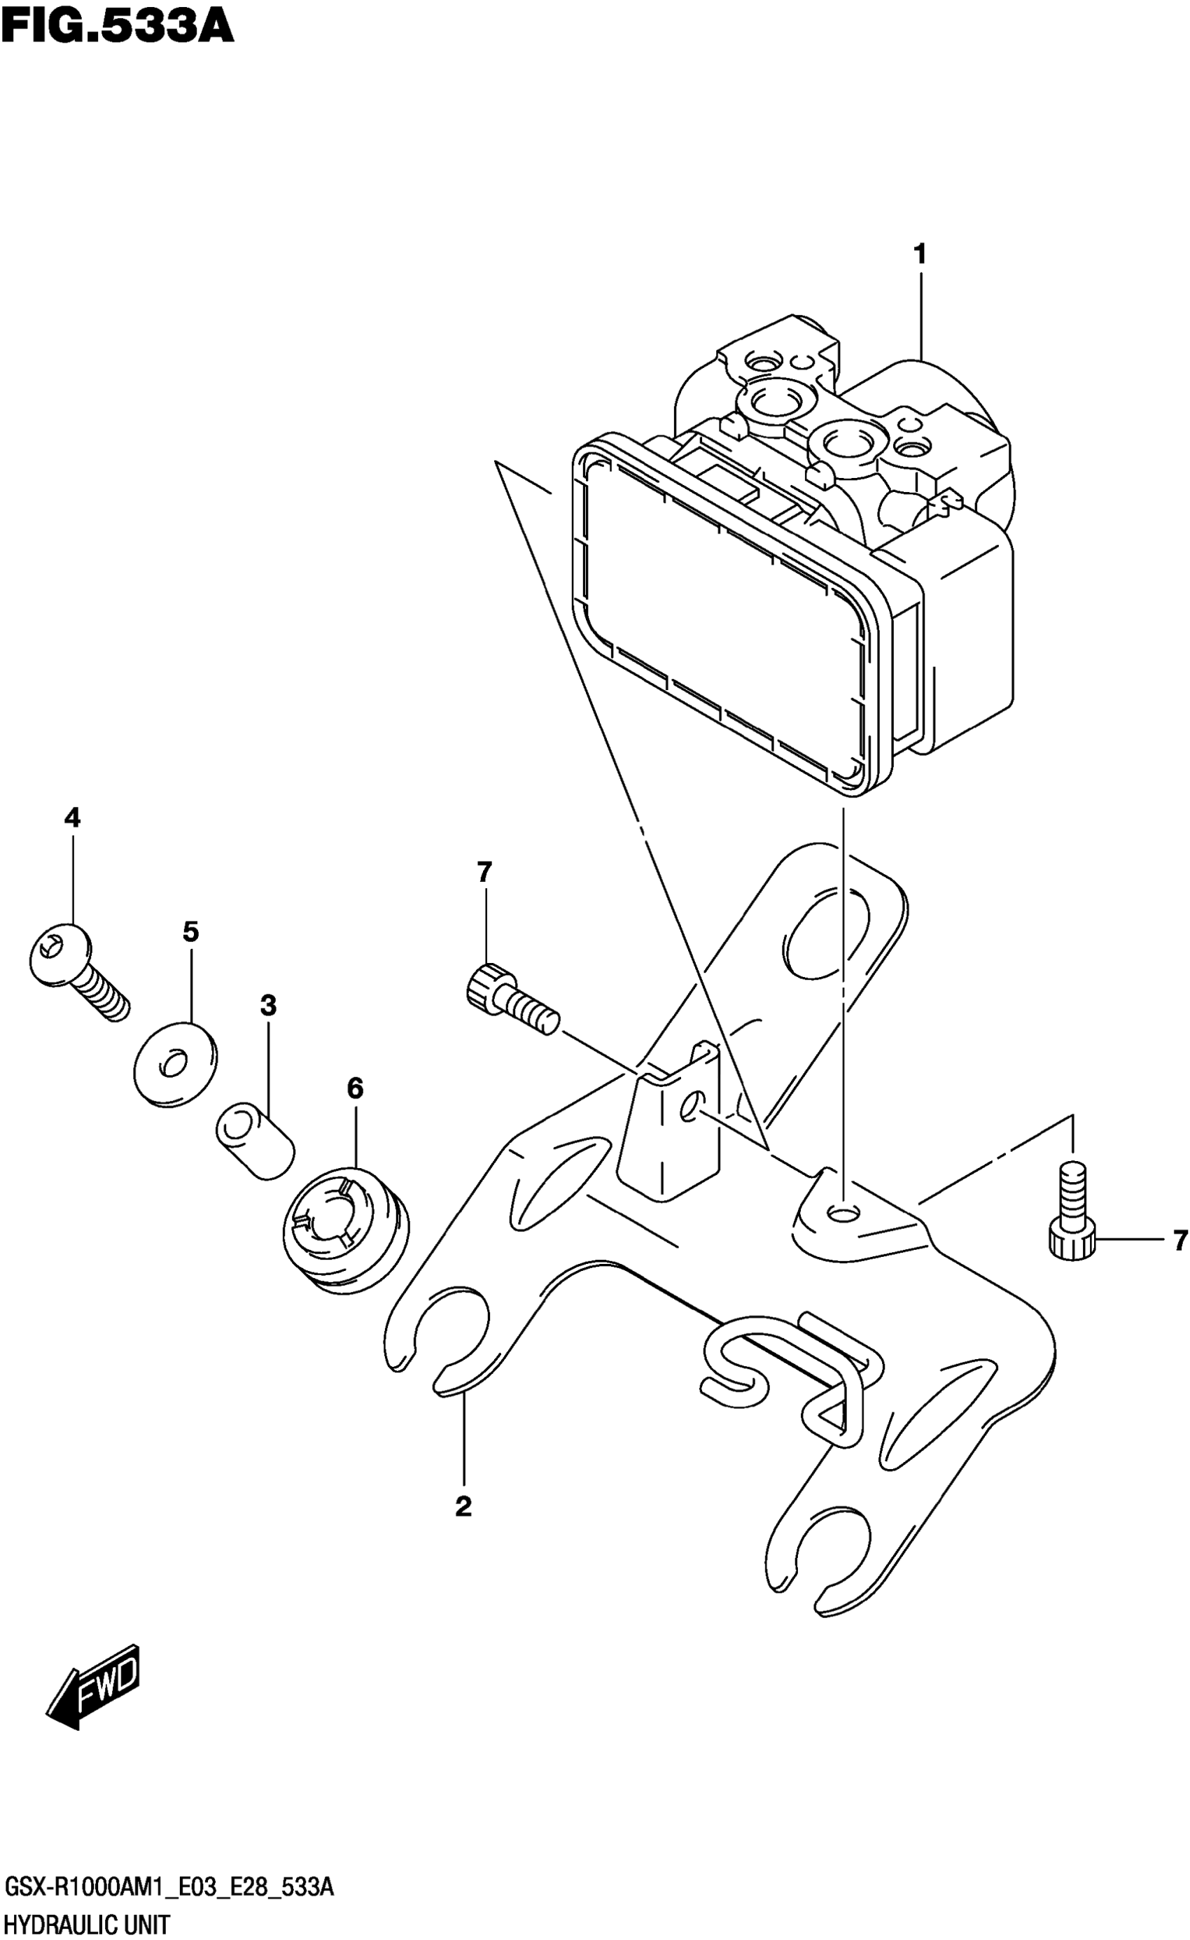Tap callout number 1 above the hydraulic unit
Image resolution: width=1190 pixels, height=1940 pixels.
click(919, 254)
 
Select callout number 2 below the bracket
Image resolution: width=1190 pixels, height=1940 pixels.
click(463, 1506)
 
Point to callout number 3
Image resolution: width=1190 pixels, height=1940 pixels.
click(269, 1006)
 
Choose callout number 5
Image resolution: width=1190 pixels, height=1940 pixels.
click(190, 932)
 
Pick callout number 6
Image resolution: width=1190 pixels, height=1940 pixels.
click(354, 1089)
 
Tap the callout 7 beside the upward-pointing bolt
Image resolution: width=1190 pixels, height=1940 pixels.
click(1179, 1241)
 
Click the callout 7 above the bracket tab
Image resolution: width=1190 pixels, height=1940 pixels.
click(484, 871)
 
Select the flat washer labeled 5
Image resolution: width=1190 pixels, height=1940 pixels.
click(175, 1064)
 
